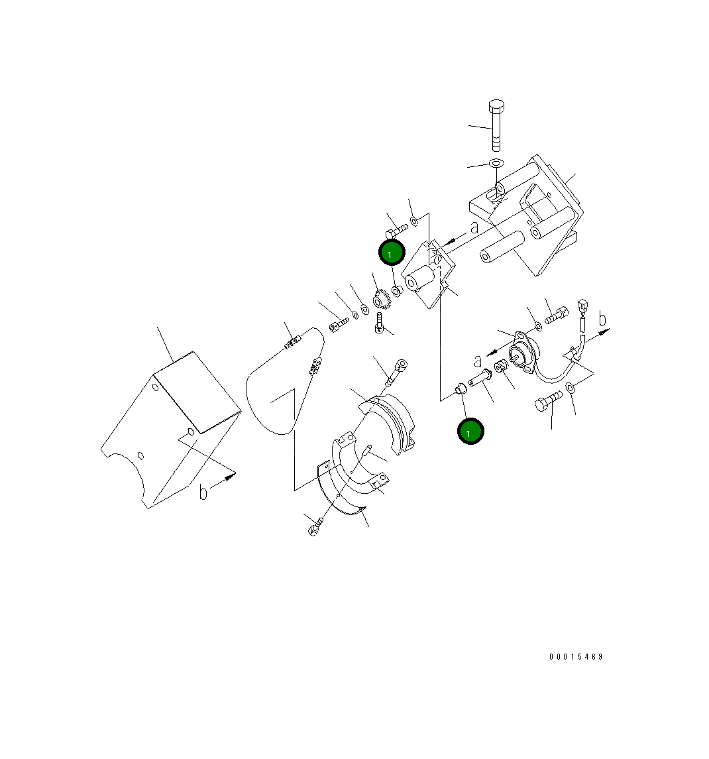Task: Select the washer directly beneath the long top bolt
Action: pyautogui.click(x=496, y=163)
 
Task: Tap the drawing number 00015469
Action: pyautogui.click(x=576, y=657)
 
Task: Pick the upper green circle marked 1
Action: pyautogui.click(x=391, y=254)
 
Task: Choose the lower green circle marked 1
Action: pyautogui.click(x=470, y=432)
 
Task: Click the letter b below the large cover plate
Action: pyautogui.click(x=203, y=493)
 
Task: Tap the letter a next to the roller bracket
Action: pyautogui.click(x=474, y=227)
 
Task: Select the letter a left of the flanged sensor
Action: pyautogui.click(x=478, y=361)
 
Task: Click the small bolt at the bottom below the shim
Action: pyautogui.click(x=315, y=528)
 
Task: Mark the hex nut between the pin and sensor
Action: pyautogui.click(x=503, y=365)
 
